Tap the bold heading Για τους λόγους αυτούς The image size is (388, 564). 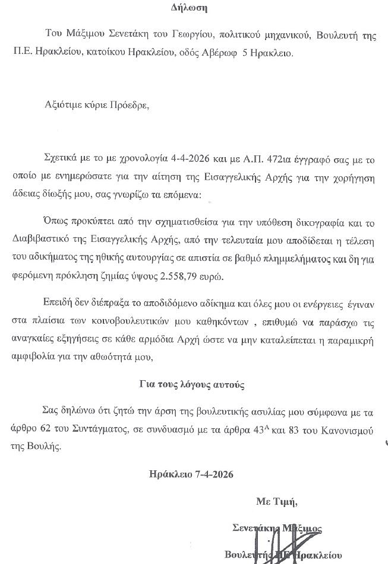(193, 385)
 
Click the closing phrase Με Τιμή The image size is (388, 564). (276, 502)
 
